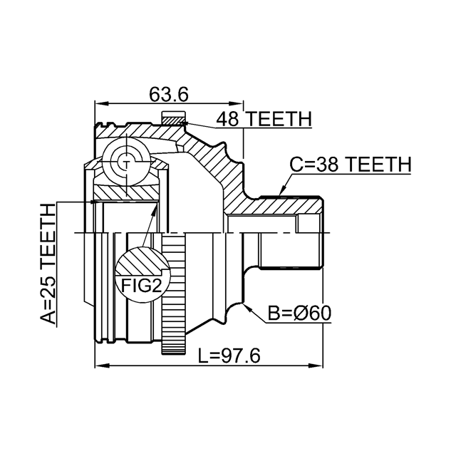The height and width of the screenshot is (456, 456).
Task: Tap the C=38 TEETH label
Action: (x=350, y=165)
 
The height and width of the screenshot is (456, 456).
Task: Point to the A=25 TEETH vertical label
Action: (x=48, y=264)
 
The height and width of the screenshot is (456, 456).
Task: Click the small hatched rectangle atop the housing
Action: (x=173, y=118)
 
